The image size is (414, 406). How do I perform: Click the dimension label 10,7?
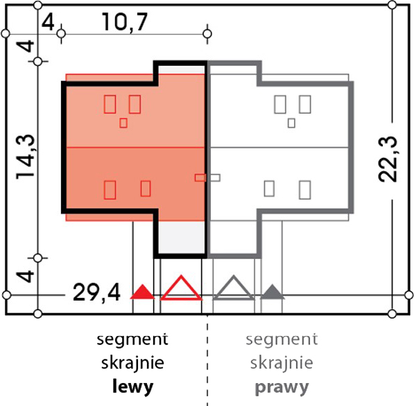point(125,21)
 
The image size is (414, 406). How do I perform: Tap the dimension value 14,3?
point(26,157)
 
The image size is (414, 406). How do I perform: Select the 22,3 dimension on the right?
point(388,159)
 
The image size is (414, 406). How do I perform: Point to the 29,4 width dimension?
point(96,292)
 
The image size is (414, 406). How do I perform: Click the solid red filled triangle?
point(143,292)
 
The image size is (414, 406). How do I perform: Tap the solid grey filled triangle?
point(273,292)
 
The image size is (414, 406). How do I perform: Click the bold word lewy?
point(133,387)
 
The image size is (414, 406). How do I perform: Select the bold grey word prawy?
point(282,387)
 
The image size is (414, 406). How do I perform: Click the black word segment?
point(132,339)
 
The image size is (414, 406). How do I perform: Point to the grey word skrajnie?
point(282,363)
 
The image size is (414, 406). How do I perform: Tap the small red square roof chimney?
point(123,123)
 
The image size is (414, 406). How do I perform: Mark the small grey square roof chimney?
point(291,123)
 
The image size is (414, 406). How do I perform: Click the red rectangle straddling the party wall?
point(200,178)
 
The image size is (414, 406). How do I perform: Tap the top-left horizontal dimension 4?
point(49,23)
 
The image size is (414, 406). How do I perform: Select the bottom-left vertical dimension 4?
point(26,276)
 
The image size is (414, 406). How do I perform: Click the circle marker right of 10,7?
point(207,34)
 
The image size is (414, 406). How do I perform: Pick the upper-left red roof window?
point(110,104)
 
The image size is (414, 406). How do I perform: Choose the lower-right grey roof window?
point(304,190)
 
